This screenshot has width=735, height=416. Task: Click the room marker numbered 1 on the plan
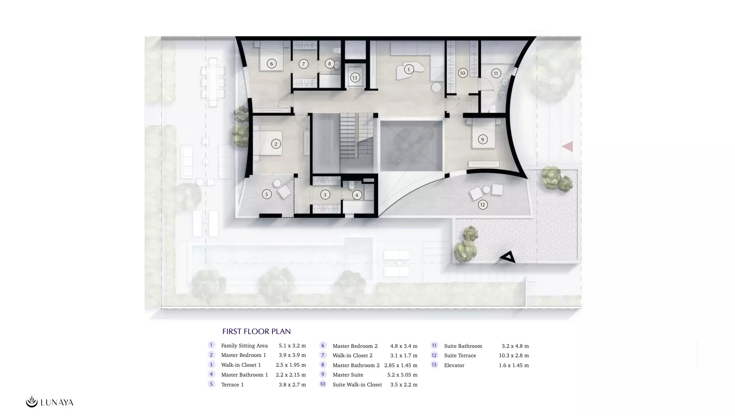pyautogui.click(x=409, y=69)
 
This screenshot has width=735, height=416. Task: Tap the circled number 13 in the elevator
pyautogui.click(x=354, y=78)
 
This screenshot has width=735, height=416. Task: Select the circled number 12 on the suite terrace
pyautogui.click(x=483, y=204)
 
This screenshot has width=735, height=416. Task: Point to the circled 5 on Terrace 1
pyautogui.click(x=267, y=194)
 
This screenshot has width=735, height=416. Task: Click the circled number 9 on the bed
pyautogui.click(x=482, y=139)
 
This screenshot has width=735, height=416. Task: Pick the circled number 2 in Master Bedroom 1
pyautogui.click(x=276, y=144)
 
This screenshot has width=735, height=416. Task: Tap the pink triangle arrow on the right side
pyautogui.click(x=567, y=147)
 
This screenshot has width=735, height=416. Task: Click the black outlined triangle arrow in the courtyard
pyautogui.click(x=508, y=257)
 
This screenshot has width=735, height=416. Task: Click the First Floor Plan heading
pyautogui.click(x=256, y=331)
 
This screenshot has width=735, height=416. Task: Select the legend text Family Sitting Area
pyautogui.click(x=244, y=345)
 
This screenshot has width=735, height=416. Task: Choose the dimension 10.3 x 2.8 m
pyautogui.click(x=514, y=355)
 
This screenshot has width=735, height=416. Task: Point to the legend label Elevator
pyautogui.click(x=454, y=365)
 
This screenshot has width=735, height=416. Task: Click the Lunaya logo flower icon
pyautogui.click(x=32, y=402)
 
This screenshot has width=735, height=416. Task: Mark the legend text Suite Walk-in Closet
pyautogui.click(x=357, y=384)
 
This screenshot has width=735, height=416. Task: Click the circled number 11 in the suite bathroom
pyautogui.click(x=496, y=73)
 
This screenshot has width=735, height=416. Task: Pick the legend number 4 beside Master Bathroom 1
pyautogui.click(x=211, y=374)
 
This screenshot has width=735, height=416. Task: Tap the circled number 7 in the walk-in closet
pyautogui.click(x=303, y=64)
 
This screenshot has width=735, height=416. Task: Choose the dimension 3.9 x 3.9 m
pyautogui.click(x=292, y=355)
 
